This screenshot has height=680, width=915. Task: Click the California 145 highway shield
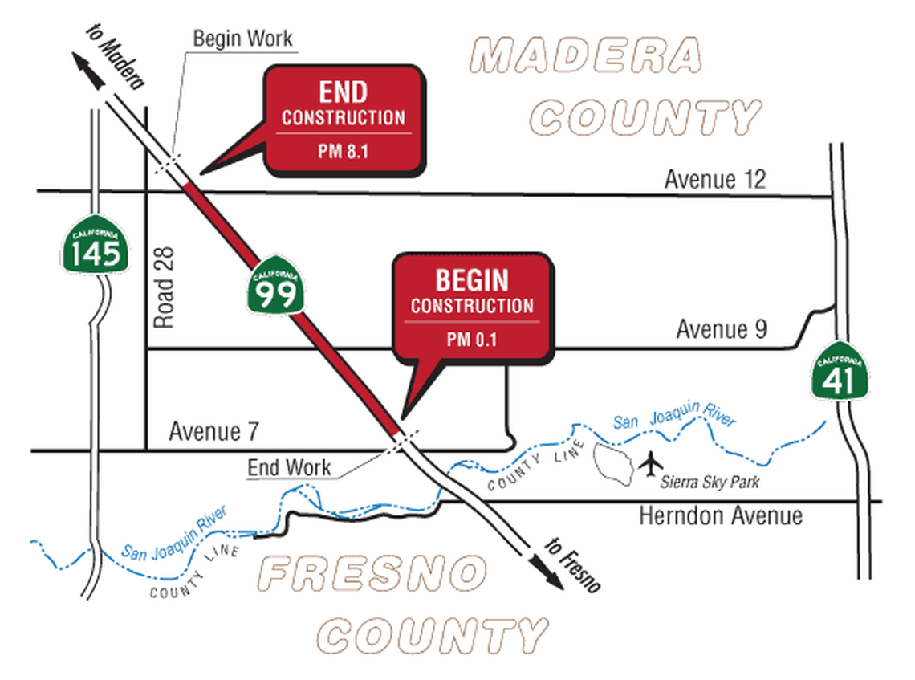coord(95,246)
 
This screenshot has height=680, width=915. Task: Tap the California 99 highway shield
coord(274,285)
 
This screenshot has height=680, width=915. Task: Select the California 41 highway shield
coord(840,372)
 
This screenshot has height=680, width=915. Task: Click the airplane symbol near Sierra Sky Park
coord(653,464)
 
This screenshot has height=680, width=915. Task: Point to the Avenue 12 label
coord(714,180)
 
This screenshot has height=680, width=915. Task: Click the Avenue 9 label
coord(721,329)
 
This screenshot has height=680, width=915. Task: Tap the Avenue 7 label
coord(213,432)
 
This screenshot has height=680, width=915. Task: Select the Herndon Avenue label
coord(720,515)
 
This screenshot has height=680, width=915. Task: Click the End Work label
coord(289,467)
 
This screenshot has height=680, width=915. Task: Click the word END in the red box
coord(343,92)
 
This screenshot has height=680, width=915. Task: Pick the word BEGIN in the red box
coord(471,280)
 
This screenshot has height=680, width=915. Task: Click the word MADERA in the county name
coord(585,56)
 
